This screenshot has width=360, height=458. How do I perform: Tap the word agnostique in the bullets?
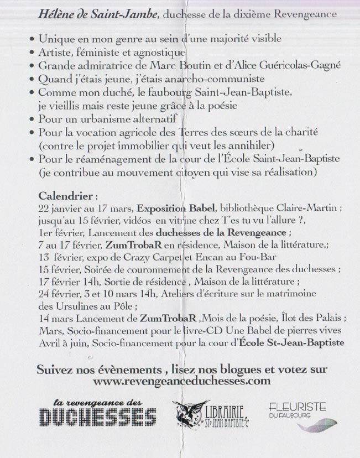159,53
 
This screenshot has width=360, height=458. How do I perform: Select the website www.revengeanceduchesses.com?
182,381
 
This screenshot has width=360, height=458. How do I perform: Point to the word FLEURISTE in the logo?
298,407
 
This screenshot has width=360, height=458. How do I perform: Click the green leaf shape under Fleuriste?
317,425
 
